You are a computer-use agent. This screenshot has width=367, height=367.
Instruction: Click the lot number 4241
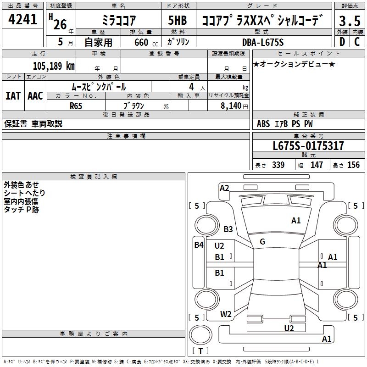click(x=22, y=19)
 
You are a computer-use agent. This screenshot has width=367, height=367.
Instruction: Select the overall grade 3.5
click(x=350, y=21)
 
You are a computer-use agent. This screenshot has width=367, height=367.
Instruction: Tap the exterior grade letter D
click(x=342, y=42)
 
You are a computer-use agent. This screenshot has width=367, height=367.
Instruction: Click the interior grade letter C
click(x=357, y=42)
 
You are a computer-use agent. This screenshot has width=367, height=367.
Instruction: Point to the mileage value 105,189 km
click(x=54, y=66)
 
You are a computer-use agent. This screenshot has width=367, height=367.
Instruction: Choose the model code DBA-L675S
click(x=263, y=42)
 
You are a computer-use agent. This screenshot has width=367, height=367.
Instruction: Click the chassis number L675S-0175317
click(x=308, y=146)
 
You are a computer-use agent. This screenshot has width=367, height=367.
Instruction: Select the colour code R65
click(x=76, y=106)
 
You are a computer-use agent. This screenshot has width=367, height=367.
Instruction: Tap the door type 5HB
click(x=178, y=20)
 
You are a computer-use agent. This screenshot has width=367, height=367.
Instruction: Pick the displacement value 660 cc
click(x=146, y=43)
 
